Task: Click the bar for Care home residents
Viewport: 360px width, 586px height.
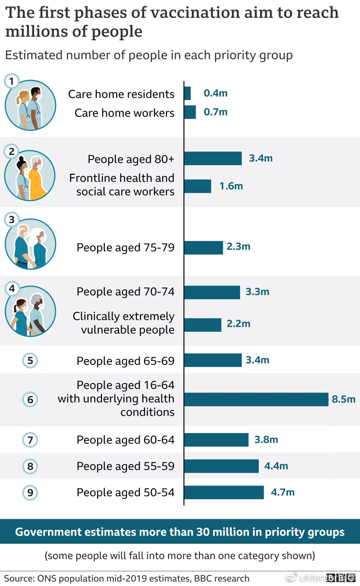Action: point(187,93)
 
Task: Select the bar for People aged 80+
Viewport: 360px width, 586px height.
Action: point(213,158)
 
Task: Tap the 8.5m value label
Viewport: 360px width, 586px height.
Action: point(343,399)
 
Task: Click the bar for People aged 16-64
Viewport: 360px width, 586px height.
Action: point(256,400)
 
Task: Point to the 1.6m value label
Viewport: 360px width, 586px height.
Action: point(231,186)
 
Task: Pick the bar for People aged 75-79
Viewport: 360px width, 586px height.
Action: point(203,248)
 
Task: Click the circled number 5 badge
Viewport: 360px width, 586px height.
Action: point(30,361)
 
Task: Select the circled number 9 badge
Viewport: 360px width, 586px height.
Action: point(30,493)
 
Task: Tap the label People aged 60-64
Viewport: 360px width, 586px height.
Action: point(125,440)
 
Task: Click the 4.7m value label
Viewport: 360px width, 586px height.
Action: point(283,492)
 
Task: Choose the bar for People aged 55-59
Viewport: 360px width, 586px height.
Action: point(221,466)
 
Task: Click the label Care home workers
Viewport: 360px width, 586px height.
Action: point(124,113)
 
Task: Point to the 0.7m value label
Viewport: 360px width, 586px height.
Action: point(216,112)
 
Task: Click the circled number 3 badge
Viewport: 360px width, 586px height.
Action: point(12,220)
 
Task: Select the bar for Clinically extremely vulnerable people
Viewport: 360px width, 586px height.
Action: point(203,325)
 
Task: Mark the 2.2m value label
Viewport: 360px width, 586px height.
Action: point(238,324)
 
